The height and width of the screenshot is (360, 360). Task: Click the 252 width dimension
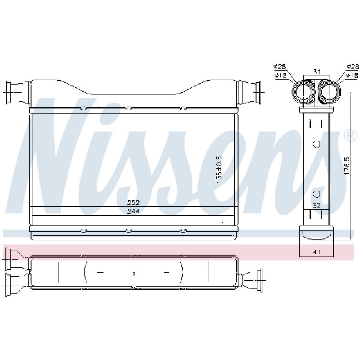click(133, 203)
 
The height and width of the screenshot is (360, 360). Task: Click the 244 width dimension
click(133, 211)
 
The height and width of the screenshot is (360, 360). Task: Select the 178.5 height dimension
click(346, 166)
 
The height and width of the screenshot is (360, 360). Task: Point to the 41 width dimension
click(317, 252)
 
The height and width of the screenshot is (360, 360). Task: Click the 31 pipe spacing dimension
click(317, 72)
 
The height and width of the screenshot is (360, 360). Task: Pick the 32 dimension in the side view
click(317, 206)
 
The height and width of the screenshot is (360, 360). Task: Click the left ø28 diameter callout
click(279, 67)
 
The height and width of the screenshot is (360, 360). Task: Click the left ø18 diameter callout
click(280, 75)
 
